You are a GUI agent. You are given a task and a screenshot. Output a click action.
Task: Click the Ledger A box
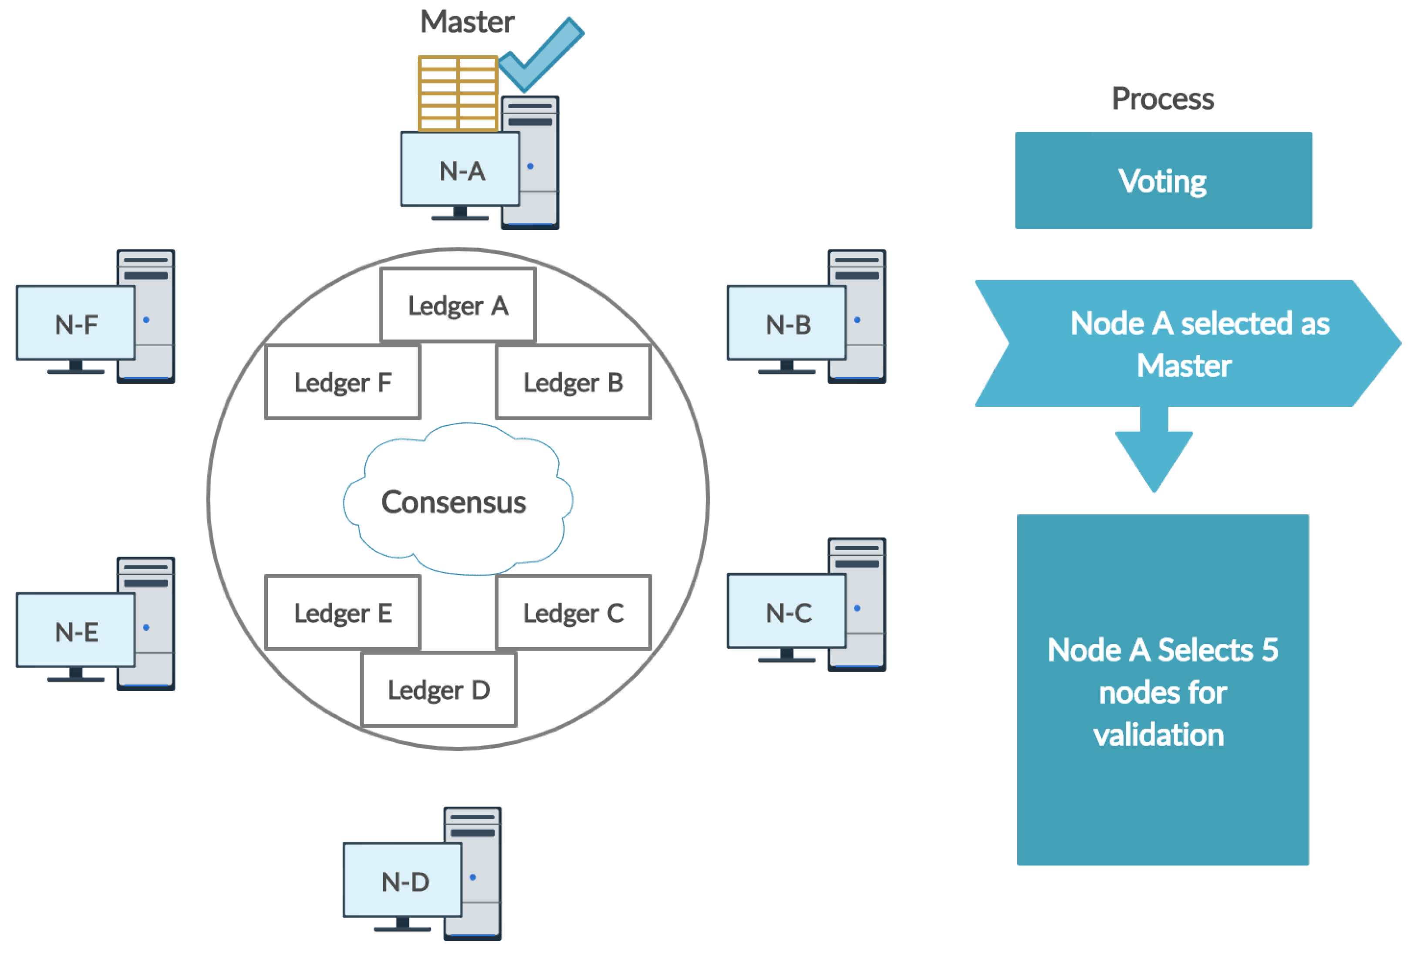pos(458,305)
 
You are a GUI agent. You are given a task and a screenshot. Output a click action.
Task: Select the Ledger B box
pos(573,382)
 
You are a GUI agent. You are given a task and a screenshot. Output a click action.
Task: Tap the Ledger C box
pos(573,612)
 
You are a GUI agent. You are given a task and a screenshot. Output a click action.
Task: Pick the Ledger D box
pos(439,689)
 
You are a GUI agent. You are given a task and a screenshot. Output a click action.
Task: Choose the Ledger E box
pos(343,612)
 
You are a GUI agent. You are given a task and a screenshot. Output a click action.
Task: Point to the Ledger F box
pos(343,382)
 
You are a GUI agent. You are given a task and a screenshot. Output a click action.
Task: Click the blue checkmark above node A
pos(541,55)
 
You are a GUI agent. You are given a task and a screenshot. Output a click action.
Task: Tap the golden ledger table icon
pos(458,93)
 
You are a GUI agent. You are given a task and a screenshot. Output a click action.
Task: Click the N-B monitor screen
pos(787,323)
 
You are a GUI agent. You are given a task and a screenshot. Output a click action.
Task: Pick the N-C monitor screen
pos(787,611)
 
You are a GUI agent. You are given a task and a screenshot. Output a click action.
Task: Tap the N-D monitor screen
pos(403,880)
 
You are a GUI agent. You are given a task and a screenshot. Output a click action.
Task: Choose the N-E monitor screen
pos(76,630)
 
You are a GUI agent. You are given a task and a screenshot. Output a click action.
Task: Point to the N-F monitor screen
pos(76,323)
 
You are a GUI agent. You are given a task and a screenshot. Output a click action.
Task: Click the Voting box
pos(1163,180)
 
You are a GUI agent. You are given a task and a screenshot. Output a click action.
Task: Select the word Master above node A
pos(467,22)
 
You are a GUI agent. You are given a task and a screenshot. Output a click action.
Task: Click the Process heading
pos(1163,98)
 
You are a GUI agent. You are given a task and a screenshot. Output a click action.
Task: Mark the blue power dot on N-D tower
pos(473,877)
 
